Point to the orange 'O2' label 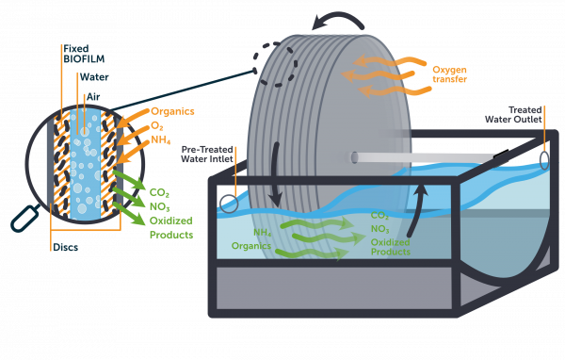click(x=156, y=126)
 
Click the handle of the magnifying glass click(x=22, y=222)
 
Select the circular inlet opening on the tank click(x=228, y=201)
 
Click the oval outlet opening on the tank click(x=544, y=159)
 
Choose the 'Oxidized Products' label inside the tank click(x=389, y=247)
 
